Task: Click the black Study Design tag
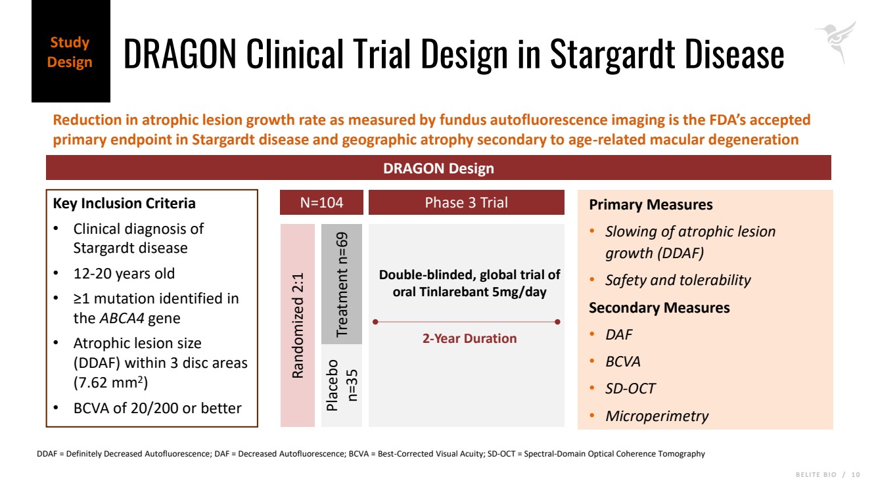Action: click(x=70, y=52)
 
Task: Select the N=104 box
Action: click(x=321, y=202)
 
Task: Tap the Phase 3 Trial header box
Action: click(x=466, y=202)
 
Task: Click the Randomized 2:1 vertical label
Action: click(x=298, y=325)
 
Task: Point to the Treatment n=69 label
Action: click(x=341, y=284)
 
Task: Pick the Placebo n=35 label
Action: click(x=341, y=385)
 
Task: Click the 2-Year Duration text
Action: click(x=469, y=338)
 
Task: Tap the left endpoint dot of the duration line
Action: click(x=375, y=322)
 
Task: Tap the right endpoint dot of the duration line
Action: click(x=557, y=322)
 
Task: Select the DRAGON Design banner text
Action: click(x=438, y=168)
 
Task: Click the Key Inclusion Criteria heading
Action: click(x=124, y=203)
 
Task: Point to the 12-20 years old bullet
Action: click(x=124, y=273)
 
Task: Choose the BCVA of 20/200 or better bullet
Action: click(x=157, y=408)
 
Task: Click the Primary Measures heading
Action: click(x=651, y=204)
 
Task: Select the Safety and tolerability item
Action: click(x=678, y=280)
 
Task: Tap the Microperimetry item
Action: click(x=657, y=416)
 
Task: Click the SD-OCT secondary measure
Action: click(x=630, y=388)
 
